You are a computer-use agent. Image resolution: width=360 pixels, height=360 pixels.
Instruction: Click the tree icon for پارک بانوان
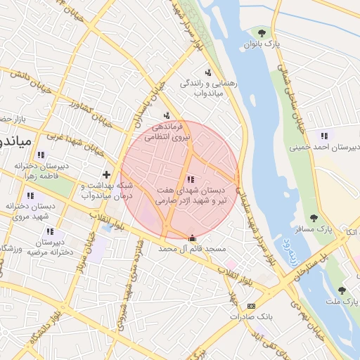click(x=262, y=32)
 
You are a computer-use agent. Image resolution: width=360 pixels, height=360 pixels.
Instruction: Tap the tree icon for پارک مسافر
click(x=314, y=218)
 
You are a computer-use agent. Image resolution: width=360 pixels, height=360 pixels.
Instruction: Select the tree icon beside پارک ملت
click(x=342, y=290)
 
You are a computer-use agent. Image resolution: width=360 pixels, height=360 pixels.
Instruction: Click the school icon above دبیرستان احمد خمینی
click(x=323, y=135)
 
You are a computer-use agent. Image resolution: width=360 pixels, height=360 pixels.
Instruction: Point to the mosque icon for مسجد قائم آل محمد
click(x=193, y=238)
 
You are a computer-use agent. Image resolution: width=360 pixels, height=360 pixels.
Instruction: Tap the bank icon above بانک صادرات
click(x=251, y=306)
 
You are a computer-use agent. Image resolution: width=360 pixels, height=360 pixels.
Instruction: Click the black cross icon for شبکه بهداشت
click(x=106, y=174)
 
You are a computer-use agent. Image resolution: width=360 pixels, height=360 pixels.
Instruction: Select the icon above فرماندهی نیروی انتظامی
click(x=167, y=115)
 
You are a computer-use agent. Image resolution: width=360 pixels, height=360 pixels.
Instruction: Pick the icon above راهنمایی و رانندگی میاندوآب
click(x=207, y=72)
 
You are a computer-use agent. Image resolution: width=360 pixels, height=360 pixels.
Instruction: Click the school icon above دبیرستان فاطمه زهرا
click(x=41, y=154)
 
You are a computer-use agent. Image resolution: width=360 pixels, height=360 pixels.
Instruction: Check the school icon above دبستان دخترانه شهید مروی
click(x=30, y=195)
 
